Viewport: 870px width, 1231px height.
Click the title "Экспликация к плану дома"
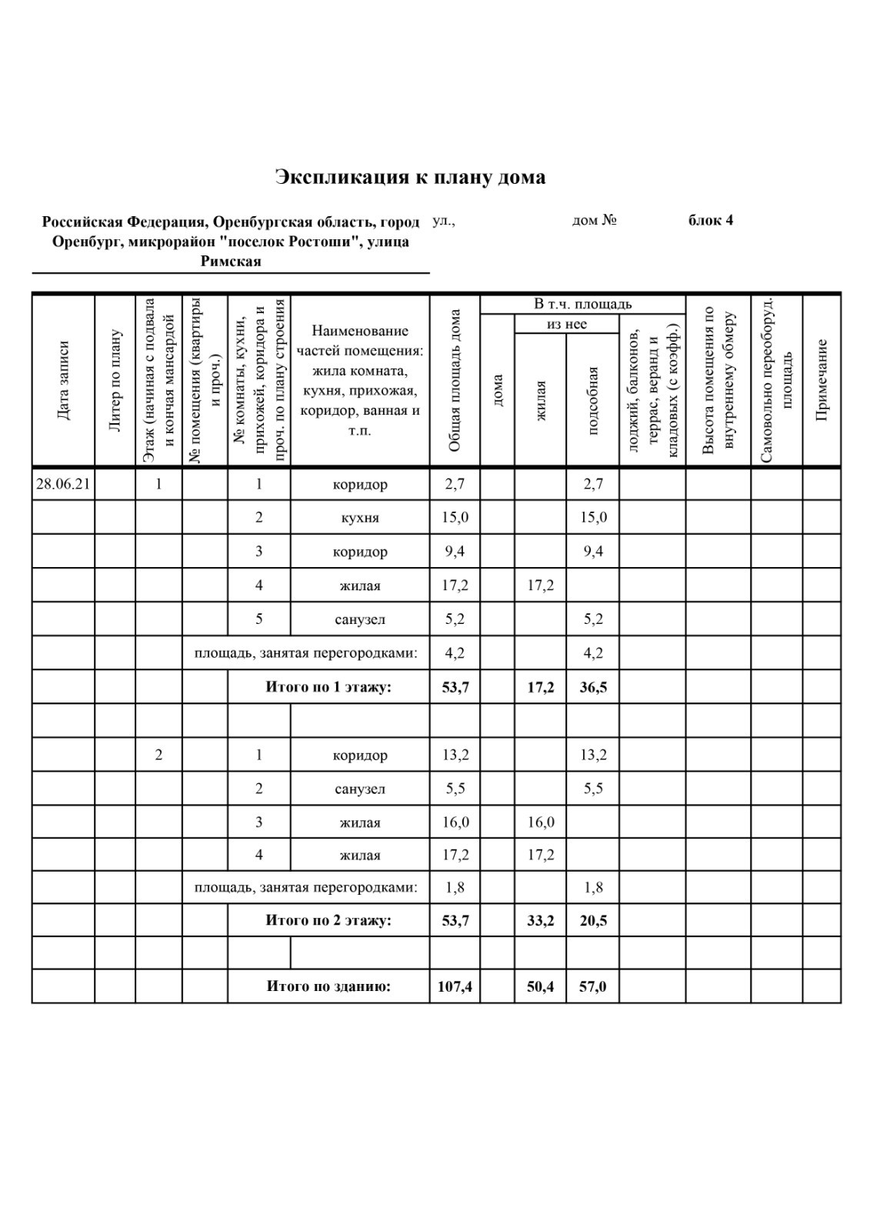411,178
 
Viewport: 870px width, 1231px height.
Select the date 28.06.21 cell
63,484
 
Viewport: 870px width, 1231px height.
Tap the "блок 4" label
710,221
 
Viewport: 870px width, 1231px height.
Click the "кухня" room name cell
360,518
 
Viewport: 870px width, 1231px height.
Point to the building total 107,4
455,986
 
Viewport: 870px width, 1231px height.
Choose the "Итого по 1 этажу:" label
328,687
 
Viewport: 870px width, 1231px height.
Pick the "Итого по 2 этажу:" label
328,920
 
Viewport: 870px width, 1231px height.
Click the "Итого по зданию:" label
328,986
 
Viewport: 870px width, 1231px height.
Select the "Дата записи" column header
63,380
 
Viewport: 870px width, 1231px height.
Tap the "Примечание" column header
822,380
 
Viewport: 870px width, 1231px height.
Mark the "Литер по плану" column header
115,380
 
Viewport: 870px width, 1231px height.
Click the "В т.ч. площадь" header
582,304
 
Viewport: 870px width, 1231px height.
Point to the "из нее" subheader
567,324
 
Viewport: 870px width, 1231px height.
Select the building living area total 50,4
540,986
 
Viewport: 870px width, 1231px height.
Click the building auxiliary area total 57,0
592,986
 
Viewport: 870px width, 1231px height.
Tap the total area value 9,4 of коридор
455,552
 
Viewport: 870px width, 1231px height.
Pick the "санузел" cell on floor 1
360,619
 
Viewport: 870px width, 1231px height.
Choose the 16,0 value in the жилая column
540,822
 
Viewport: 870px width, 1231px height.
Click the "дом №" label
595,221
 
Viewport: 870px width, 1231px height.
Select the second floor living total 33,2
540,920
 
